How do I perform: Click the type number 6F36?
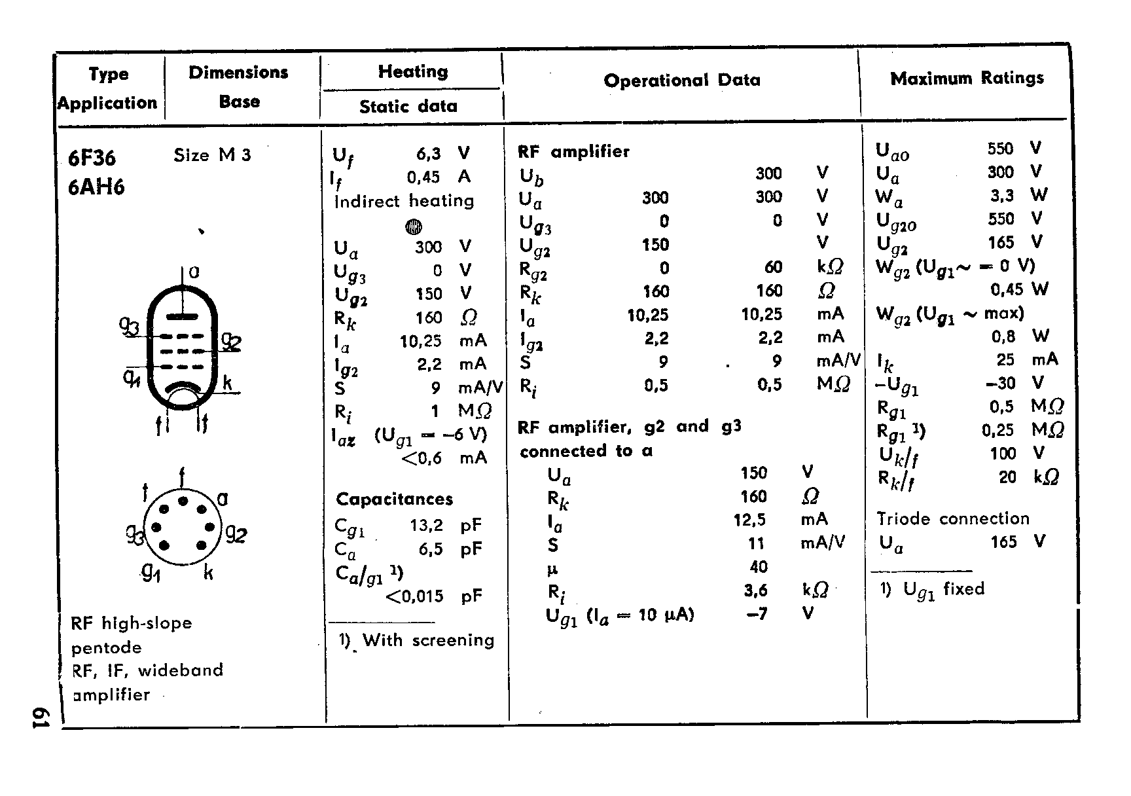92,158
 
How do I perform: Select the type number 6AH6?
96,188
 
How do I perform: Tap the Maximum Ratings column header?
967,79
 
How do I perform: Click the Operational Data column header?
682,81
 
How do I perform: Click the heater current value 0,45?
423,177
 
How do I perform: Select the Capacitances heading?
394,499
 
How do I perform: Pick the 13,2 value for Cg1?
425,525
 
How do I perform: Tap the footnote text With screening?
428,640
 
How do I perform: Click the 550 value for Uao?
1000,149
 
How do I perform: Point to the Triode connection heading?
953,519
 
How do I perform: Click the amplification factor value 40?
759,567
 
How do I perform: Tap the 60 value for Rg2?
773,268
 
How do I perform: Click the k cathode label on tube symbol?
227,384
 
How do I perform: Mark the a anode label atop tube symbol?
194,272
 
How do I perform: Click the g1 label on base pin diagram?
151,573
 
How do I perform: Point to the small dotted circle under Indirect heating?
414,226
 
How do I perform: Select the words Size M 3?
212,155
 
